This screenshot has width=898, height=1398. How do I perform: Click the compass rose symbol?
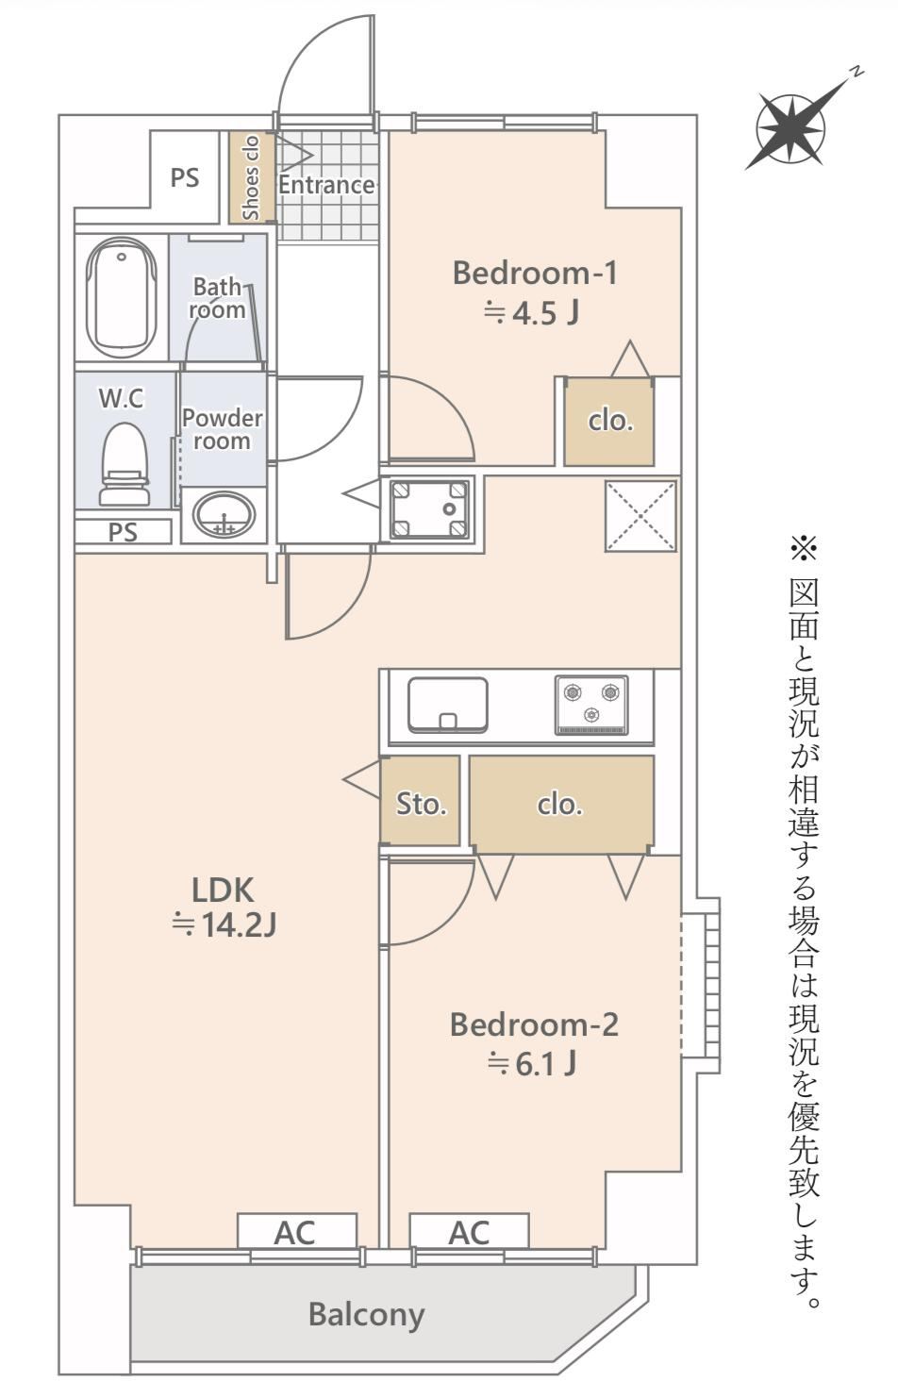790,129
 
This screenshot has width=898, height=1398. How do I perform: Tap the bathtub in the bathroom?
121,297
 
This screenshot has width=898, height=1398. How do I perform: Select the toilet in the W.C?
125,464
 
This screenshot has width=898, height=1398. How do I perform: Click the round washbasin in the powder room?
224,515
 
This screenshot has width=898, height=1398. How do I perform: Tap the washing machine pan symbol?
429,508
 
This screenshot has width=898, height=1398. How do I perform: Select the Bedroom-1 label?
535,274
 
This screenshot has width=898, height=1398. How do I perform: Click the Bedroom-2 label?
534,1025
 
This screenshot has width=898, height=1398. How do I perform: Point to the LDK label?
223,890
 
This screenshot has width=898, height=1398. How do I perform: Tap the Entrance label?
326,185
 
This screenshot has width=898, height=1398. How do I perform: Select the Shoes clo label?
250,178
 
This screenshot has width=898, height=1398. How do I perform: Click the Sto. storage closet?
420,801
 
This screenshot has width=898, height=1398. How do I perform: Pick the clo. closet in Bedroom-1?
609,422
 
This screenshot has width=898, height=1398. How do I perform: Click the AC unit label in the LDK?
296,1232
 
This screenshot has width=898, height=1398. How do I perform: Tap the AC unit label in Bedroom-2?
470,1232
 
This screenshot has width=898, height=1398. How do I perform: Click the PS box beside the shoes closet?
185,177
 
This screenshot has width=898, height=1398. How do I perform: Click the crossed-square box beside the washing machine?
640,516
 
